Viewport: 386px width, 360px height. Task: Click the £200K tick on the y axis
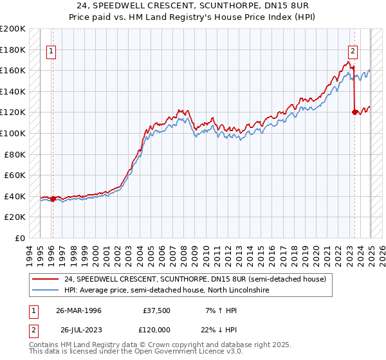[13, 29]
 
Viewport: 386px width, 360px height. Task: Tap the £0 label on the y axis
[20, 238]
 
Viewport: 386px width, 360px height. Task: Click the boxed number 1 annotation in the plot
[51, 53]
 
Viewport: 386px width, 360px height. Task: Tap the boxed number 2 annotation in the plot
[353, 53]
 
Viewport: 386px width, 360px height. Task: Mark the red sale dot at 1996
[53, 199]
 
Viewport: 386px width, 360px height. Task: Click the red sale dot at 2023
[354, 113]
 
